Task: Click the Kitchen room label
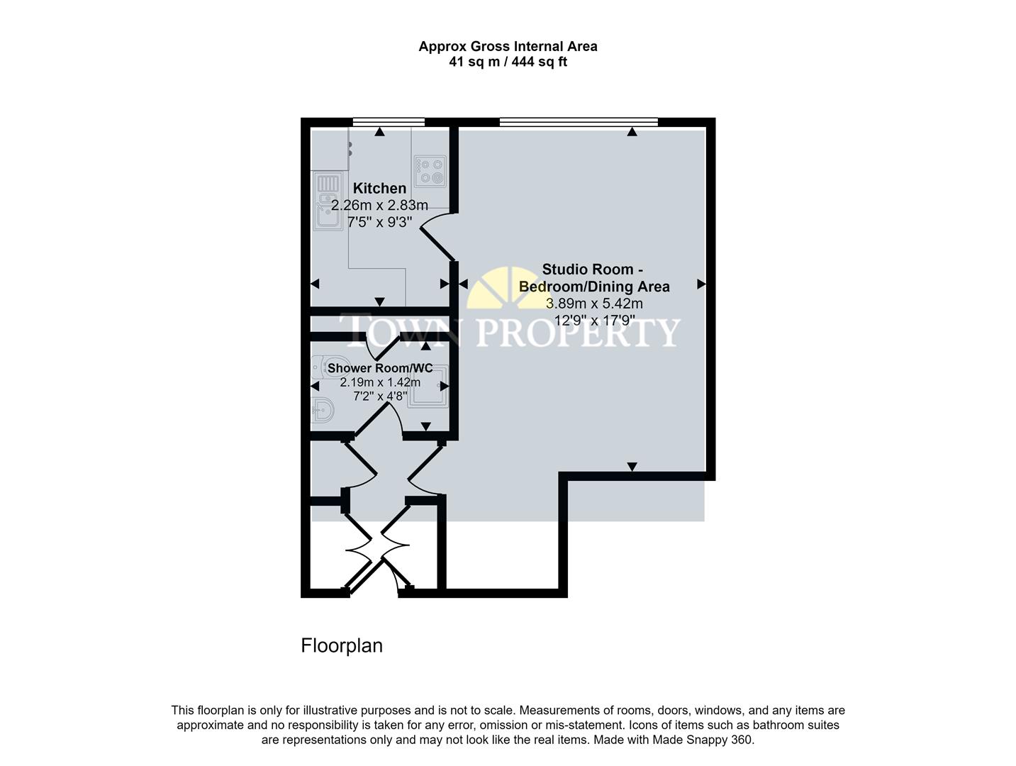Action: click(379, 188)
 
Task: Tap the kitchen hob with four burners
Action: click(430, 171)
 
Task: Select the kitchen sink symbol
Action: click(328, 201)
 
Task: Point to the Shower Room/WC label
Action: click(379, 368)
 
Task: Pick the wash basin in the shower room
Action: click(323, 411)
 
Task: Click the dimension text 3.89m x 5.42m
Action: click(594, 304)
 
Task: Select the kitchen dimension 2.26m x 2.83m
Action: click(379, 206)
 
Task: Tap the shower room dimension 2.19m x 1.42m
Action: click(379, 382)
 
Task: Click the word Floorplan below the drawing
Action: click(342, 645)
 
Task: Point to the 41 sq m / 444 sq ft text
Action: click(508, 62)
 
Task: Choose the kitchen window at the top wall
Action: click(389, 123)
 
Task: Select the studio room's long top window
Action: click(579, 123)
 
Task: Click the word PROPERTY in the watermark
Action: click(578, 332)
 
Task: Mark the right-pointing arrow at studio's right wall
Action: click(701, 284)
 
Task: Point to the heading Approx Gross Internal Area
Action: click(508, 46)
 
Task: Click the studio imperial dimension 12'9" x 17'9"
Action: click(594, 321)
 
